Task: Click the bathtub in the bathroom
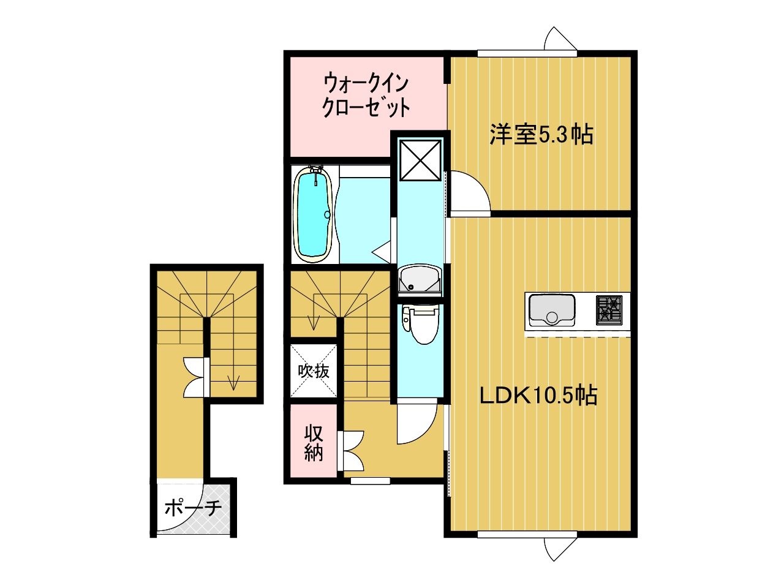312,214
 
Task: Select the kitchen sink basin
552,311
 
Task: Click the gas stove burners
609,310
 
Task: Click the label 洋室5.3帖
541,135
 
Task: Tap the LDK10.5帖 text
538,395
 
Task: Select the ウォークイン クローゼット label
366,96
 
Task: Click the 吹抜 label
314,371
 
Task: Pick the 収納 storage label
314,443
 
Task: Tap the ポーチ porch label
193,507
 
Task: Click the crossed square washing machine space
420,160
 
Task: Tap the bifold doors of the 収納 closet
351,451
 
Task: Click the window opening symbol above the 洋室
560,39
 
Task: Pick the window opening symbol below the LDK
560,549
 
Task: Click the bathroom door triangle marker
382,252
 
